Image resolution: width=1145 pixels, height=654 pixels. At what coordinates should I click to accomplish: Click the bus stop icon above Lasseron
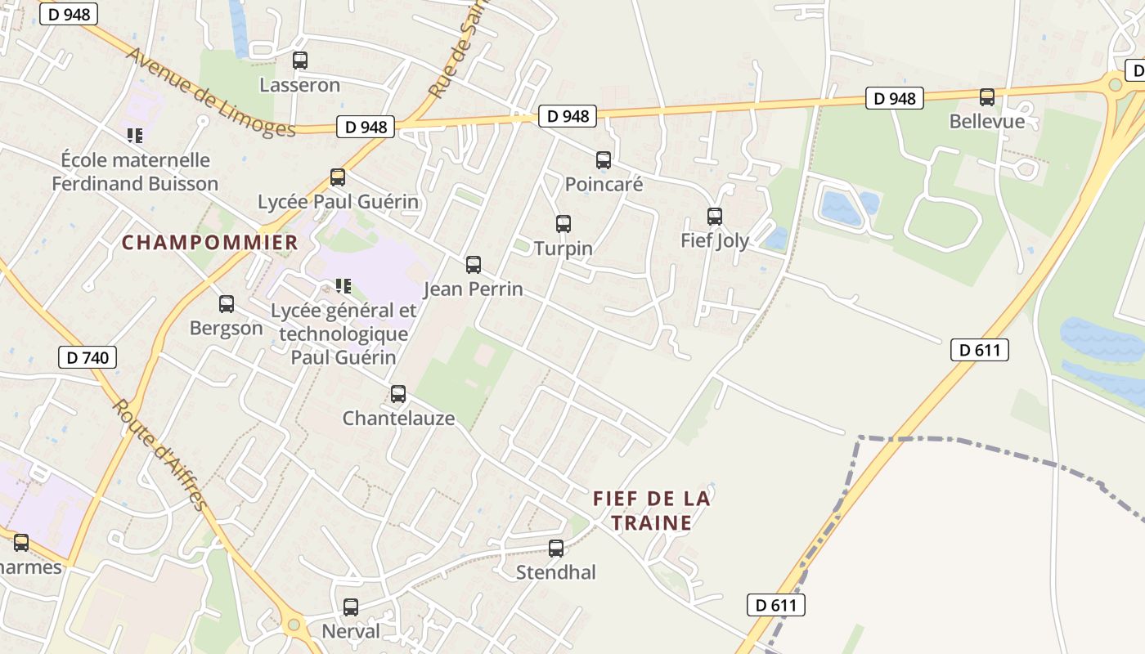click(300, 60)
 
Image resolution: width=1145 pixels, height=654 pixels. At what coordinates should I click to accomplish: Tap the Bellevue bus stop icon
click(987, 97)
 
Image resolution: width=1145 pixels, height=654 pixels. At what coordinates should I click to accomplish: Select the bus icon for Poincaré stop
click(604, 160)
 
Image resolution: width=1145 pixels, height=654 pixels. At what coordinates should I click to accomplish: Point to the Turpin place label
click(563, 248)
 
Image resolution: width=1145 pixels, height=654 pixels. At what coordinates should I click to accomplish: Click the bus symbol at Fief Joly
click(715, 217)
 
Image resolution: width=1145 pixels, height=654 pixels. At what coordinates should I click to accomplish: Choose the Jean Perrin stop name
click(473, 289)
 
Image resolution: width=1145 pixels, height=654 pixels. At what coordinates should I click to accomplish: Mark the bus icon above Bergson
click(227, 304)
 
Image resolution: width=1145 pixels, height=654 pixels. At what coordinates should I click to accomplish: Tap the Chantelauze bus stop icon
click(398, 394)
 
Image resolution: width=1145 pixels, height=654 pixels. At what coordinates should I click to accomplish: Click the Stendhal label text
click(556, 572)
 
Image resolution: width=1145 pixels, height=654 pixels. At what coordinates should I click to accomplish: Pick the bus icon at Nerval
click(351, 607)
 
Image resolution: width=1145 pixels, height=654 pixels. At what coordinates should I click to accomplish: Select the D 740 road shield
click(88, 357)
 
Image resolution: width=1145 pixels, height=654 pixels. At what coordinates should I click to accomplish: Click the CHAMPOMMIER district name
click(210, 243)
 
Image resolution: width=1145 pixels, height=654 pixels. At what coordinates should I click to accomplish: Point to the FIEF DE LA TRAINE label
click(652, 510)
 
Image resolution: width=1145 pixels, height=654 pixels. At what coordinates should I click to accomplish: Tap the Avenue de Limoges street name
click(210, 92)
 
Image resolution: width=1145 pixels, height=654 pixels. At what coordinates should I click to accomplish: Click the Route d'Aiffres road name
click(160, 455)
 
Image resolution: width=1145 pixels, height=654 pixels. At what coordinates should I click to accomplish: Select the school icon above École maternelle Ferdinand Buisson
click(135, 135)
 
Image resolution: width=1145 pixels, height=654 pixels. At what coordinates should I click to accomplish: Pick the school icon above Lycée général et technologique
click(343, 286)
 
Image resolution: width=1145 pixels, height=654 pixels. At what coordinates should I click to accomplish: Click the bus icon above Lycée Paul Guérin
click(337, 177)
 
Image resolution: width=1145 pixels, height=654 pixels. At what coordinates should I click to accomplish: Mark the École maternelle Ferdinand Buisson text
click(135, 172)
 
